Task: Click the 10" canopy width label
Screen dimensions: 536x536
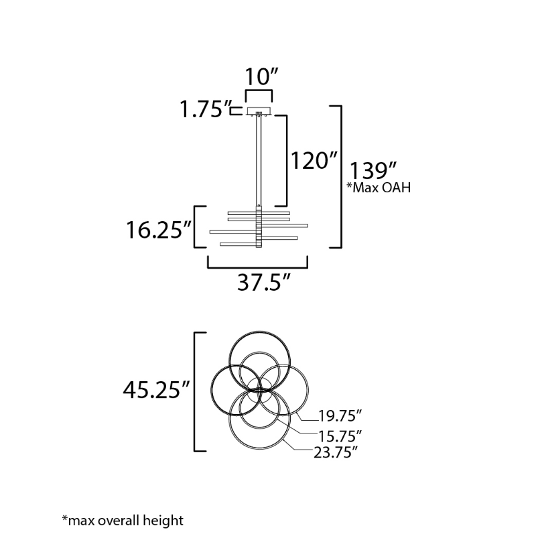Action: click(x=261, y=76)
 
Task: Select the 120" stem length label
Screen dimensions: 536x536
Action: click(x=314, y=160)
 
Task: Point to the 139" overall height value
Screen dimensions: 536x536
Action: click(x=373, y=170)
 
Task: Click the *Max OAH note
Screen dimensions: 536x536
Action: click(x=379, y=188)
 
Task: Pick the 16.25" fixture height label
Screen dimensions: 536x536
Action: click(x=159, y=229)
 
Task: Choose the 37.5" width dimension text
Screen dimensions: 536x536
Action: click(x=263, y=282)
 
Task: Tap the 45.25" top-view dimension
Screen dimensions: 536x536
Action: click(x=156, y=390)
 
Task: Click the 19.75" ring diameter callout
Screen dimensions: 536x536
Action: click(x=340, y=416)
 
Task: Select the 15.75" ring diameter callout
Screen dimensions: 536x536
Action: click(x=340, y=436)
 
